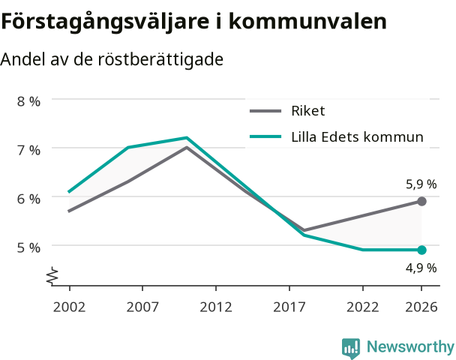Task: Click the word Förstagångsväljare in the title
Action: tap(105, 21)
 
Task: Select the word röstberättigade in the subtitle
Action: tap(160, 59)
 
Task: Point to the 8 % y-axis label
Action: tap(28, 101)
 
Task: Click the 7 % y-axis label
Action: tap(28, 150)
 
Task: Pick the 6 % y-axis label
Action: tap(28, 199)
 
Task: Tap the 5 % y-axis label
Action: tap(28, 247)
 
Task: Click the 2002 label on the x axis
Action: tap(69, 307)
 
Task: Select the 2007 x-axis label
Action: tap(142, 307)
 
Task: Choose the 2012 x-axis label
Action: tap(216, 307)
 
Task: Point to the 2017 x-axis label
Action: tap(289, 307)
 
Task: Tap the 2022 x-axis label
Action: tap(362, 307)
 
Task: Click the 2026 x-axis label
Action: tap(421, 307)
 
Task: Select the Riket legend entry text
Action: tap(308, 111)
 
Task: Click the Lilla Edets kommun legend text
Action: tap(358, 136)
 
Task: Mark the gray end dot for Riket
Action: tap(421, 201)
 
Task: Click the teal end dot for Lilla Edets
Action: tap(421, 250)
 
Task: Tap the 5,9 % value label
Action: tap(421, 184)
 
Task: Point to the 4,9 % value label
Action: tap(421, 268)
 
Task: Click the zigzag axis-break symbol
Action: tap(52, 275)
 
